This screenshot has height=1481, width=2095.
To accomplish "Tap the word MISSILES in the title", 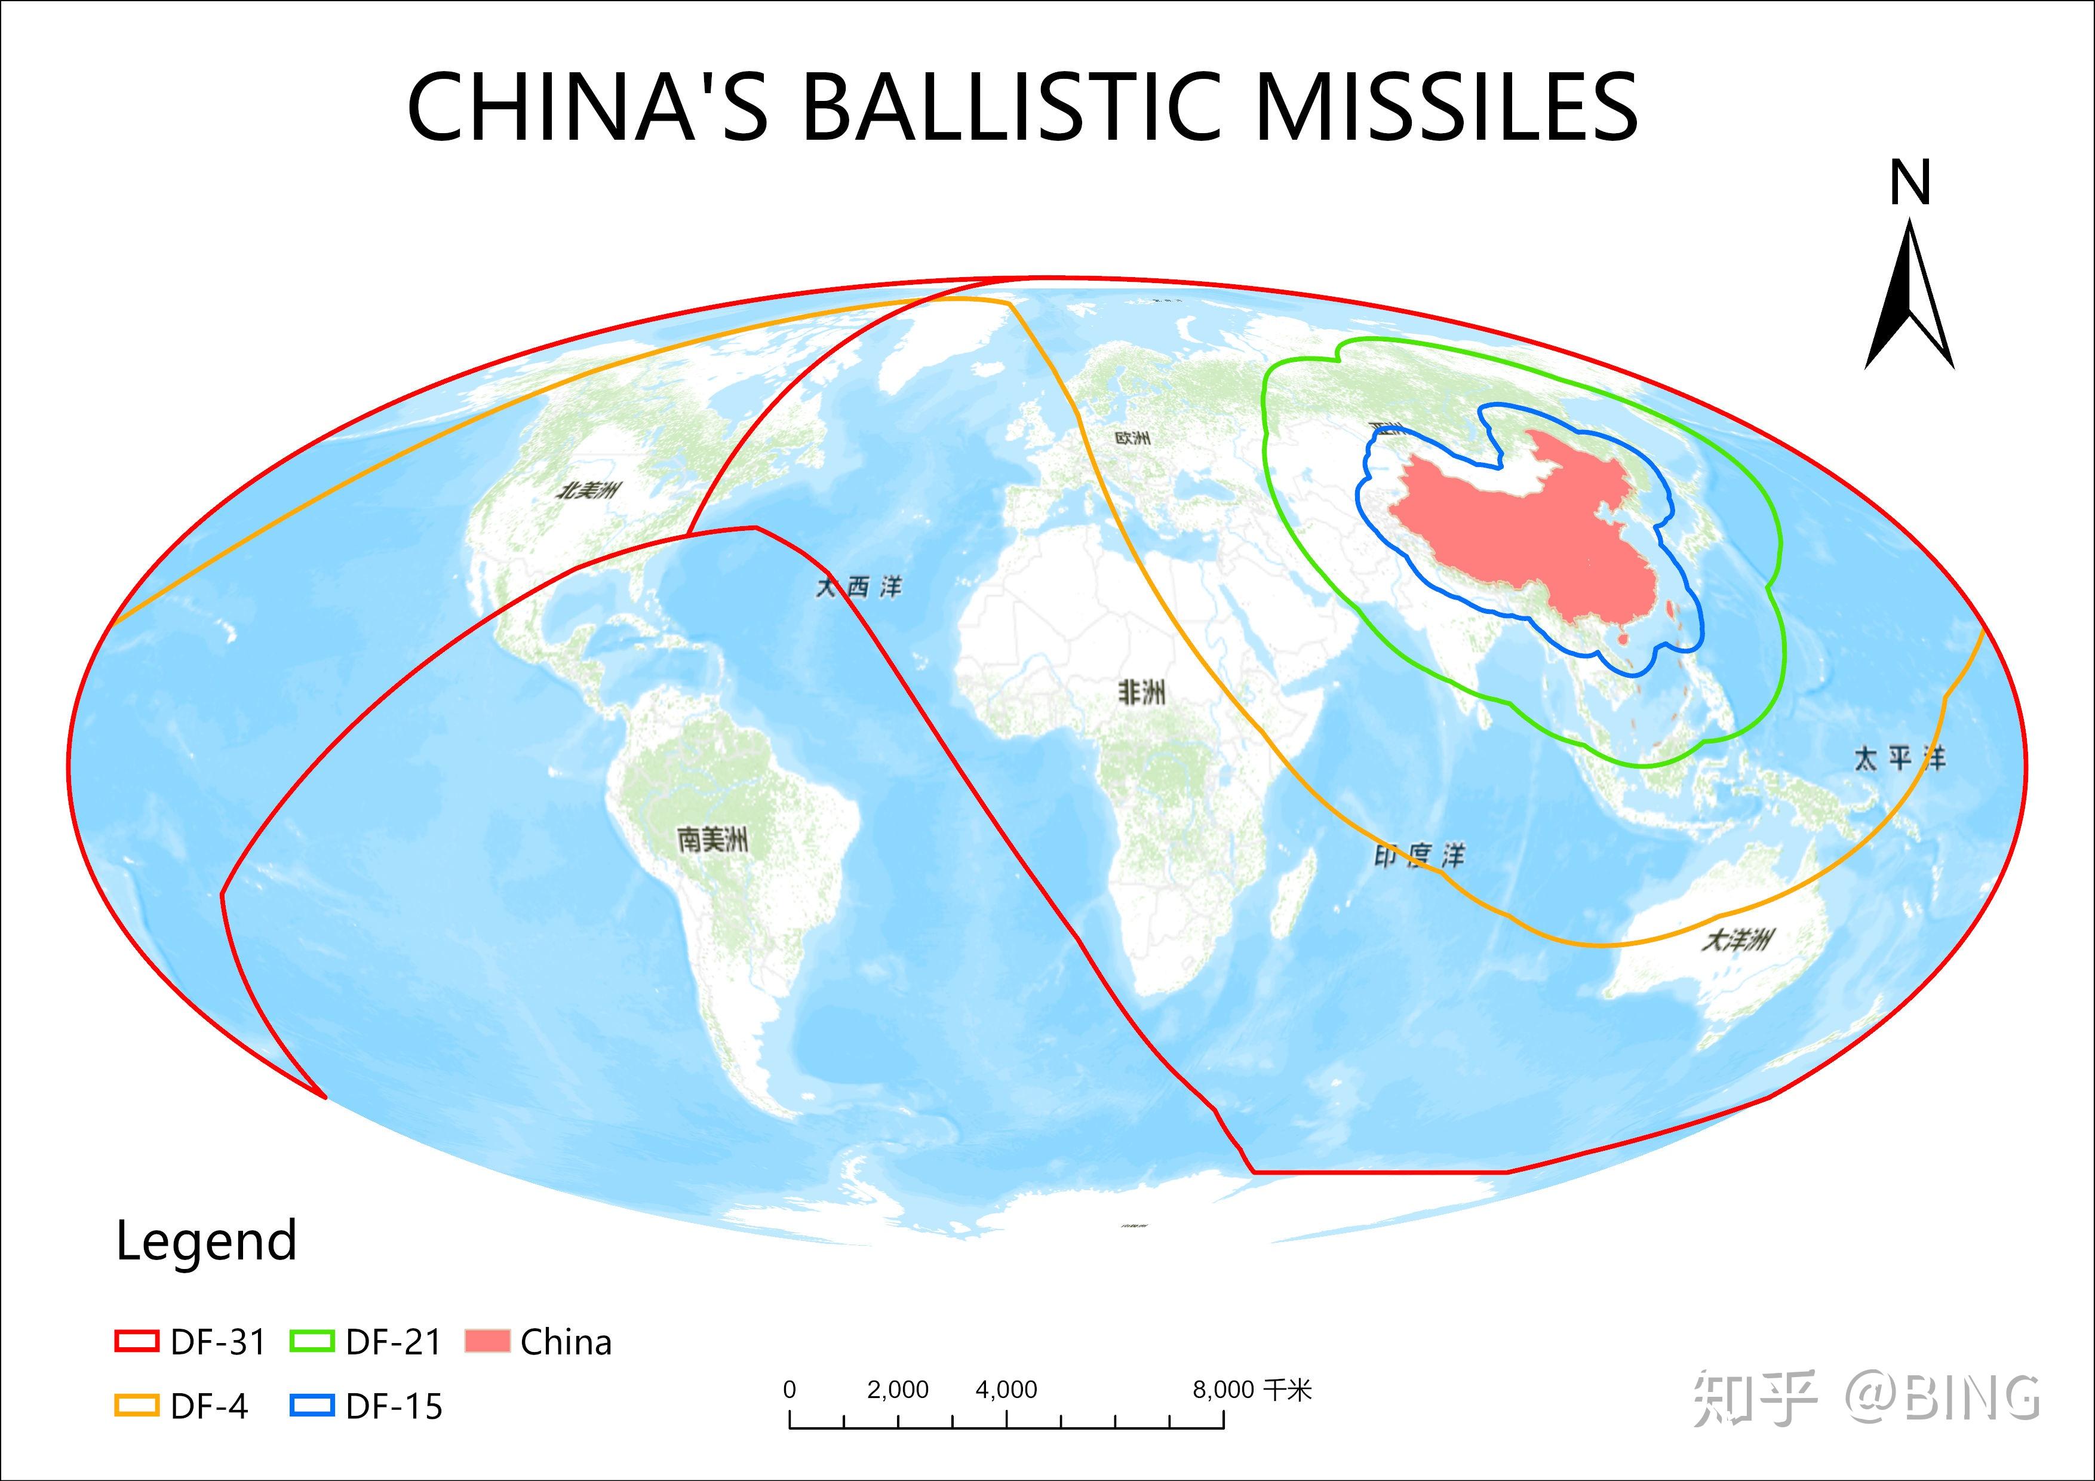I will click(x=1446, y=107).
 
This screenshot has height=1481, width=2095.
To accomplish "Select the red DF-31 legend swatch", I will click(x=136, y=1341).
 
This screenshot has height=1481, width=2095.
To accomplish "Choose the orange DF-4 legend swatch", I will click(x=136, y=1405).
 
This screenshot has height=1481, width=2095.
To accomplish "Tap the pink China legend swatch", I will click(x=486, y=1341).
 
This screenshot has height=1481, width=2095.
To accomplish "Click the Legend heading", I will click(x=206, y=1240).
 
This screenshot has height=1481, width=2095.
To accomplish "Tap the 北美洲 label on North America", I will click(x=588, y=490).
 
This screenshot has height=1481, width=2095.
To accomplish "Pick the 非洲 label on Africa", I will click(x=1141, y=693).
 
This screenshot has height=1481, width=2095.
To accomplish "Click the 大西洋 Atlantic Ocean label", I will click(x=858, y=587).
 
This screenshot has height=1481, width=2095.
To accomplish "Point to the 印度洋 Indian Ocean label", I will click(x=1419, y=855).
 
